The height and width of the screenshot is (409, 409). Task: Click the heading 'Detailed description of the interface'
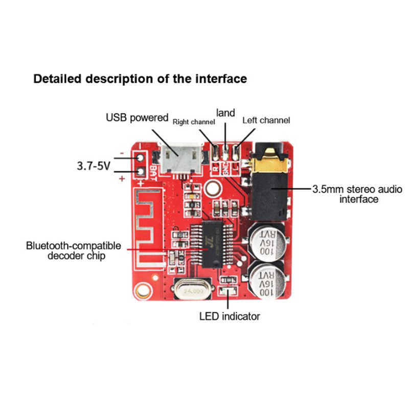[x=140, y=79]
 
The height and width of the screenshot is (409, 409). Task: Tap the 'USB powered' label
[x=137, y=118]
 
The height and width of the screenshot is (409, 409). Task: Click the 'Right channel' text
[x=194, y=122]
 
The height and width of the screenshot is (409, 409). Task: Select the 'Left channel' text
[x=266, y=120]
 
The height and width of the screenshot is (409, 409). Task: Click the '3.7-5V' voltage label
[x=94, y=166]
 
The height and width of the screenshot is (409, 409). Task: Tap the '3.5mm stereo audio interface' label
[x=352, y=194]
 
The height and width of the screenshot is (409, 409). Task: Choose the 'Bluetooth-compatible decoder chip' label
[x=74, y=251]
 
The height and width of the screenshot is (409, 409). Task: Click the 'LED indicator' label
[x=230, y=316]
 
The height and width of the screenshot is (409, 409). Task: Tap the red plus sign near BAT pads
[x=122, y=178]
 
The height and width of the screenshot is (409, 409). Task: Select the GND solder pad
[x=225, y=151]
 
